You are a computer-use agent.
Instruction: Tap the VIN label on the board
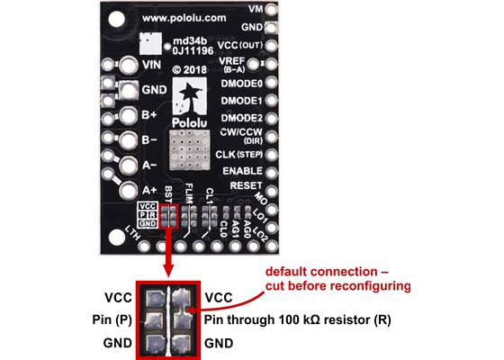coord(152,66)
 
